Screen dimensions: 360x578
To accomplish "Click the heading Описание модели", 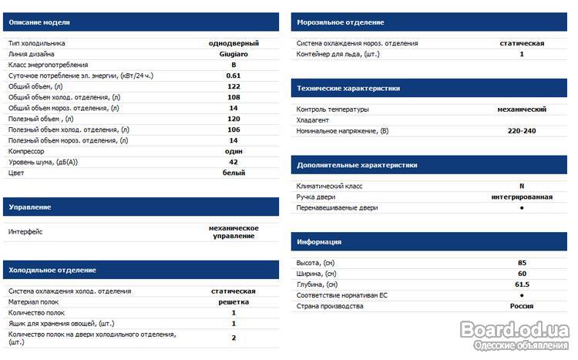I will pyautogui.click(x=33, y=23).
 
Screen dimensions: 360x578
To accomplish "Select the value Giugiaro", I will pyautogui.click(x=234, y=55).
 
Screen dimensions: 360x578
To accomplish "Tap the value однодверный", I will pyautogui.click(x=234, y=44).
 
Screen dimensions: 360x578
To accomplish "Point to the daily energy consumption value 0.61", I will pyautogui.click(x=234, y=76).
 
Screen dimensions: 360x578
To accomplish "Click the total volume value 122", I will pyautogui.click(x=234, y=87).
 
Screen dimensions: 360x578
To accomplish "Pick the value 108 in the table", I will pyautogui.click(x=234, y=98).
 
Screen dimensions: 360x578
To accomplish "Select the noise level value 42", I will pyautogui.click(x=234, y=163).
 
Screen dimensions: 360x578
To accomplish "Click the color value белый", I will pyautogui.click(x=234, y=173).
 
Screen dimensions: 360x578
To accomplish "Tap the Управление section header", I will pyautogui.click(x=30, y=207).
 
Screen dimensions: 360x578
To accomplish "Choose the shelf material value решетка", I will pyautogui.click(x=234, y=302).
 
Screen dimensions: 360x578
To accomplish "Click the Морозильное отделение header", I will pyautogui.click(x=340, y=23).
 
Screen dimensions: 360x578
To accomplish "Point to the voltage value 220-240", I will pyautogui.click(x=522, y=131).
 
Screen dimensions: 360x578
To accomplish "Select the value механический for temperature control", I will pyautogui.click(x=522, y=109).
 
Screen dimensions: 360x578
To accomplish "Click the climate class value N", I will pyautogui.click(x=522, y=187).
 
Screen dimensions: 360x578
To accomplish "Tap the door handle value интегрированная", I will pyautogui.click(x=522, y=197).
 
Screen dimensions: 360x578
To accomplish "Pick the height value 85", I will pyautogui.click(x=522, y=263).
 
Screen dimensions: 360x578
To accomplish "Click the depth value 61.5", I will pyautogui.click(x=522, y=284).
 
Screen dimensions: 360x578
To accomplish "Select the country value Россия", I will pyautogui.click(x=522, y=306).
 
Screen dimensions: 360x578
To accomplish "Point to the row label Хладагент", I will pyautogui.click(x=313, y=120).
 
